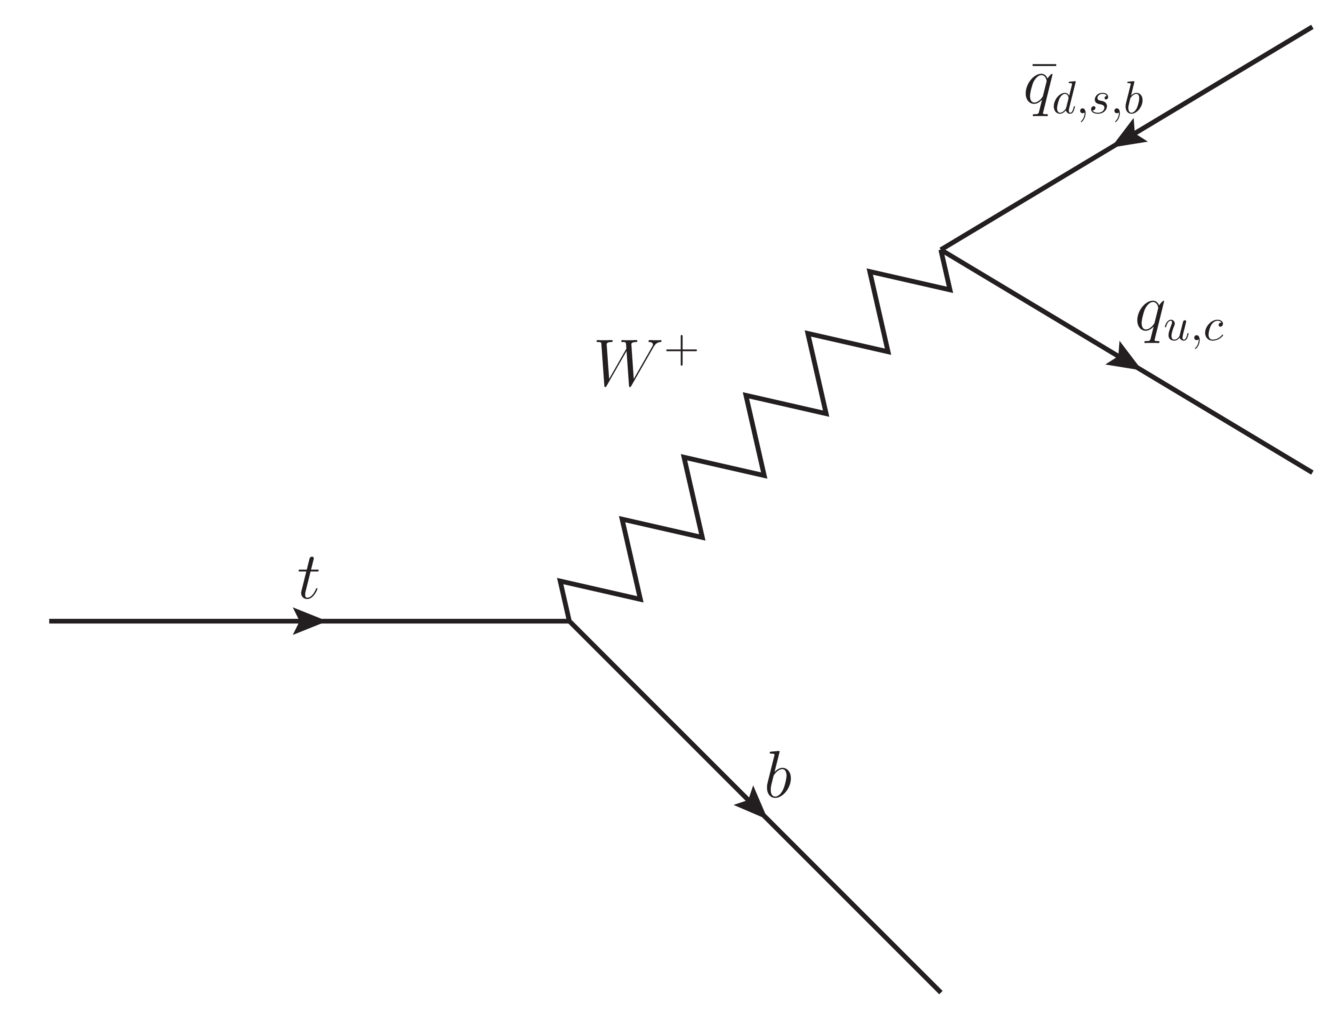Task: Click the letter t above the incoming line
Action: pyautogui.click(x=309, y=577)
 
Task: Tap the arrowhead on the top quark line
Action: pyautogui.click(x=308, y=621)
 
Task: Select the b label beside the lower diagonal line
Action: pyautogui.click(x=778, y=776)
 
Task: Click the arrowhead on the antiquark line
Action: pyautogui.click(x=1130, y=135)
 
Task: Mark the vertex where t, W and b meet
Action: pyautogui.click(x=569, y=621)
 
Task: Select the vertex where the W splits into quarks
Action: pyautogui.click(x=941, y=249)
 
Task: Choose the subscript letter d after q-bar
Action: pyautogui.click(x=1065, y=101)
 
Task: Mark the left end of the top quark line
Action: pyautogui.click(x=50, y=621)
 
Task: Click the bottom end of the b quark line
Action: pyautogui.click(x=940, y=992)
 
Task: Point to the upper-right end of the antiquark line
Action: pyautogui.click(x=1312, y=27)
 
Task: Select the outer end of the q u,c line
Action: pyautogui.click(x=1312, y=472)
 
